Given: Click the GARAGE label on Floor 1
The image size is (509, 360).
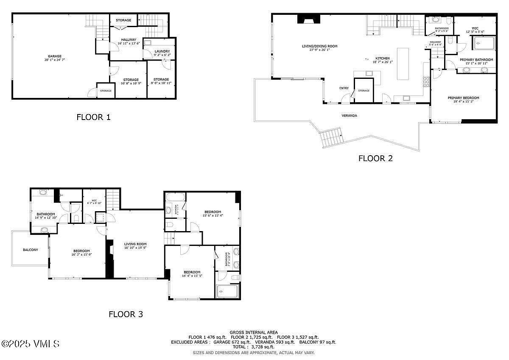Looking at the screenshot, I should tap(54, 56).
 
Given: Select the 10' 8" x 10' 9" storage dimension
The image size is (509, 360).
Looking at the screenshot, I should tap(131, 84).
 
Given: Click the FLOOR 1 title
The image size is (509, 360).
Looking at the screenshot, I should tap(93, 117).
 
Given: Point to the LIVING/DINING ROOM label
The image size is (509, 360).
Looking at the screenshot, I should tap(319, 46).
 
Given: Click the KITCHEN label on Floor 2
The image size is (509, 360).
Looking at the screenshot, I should tap(382, 59).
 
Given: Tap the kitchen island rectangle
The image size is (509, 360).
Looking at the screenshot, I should tap(403, 64).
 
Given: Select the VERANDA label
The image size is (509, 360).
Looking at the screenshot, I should tap(349, 115).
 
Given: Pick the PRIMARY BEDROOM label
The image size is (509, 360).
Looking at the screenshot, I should tap(463, 98).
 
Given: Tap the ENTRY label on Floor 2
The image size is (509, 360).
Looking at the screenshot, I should tap(344, 88).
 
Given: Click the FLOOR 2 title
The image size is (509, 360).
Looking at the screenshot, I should tap(375, 159).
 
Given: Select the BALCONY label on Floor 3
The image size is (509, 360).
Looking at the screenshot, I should tap(31, 250).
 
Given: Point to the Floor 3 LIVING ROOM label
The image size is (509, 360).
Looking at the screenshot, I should tap(135, 244).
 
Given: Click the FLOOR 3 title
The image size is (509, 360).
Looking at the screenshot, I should tap(126, 314).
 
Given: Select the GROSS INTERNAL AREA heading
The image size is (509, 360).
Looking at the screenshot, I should tap(254, 332).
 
